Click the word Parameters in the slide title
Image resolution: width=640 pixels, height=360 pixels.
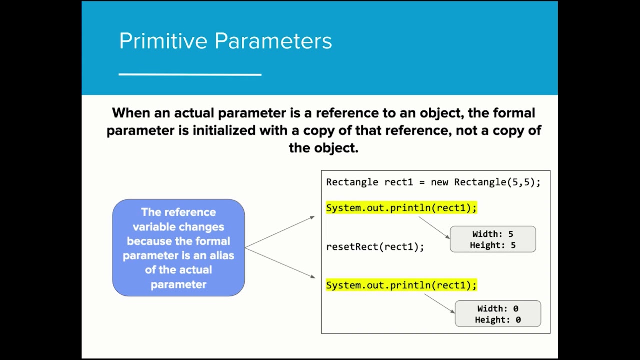273,41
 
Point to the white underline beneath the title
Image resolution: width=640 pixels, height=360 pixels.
190,74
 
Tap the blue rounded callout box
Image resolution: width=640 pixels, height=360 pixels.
178,248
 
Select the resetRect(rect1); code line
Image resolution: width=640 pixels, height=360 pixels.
375,247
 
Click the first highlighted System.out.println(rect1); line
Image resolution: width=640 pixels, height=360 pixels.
401,208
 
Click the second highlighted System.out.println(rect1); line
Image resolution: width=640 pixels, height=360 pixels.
401,285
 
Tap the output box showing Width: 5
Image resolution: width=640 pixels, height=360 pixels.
492,239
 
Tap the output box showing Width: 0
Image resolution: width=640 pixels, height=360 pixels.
497,314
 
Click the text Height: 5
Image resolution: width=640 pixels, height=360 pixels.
492,245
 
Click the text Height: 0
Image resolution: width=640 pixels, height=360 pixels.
497,320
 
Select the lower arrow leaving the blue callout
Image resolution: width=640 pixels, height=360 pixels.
280,263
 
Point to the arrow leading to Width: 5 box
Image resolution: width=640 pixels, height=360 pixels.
434,227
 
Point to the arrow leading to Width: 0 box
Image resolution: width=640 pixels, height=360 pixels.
440,303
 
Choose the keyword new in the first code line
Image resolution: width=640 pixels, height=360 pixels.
439,182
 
